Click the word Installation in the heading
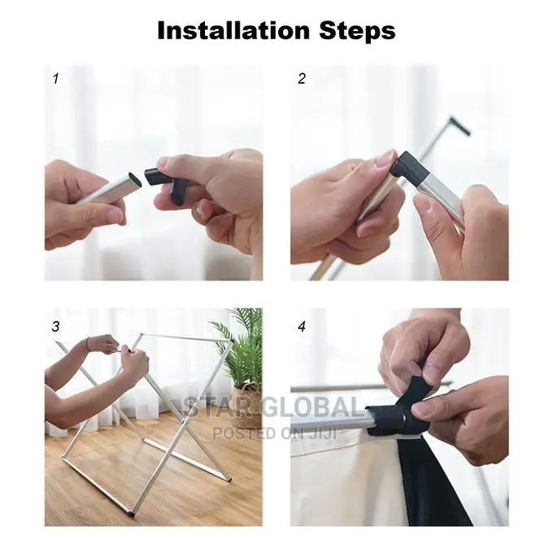pyautogui.click(x=233, y=30)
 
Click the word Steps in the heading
pyautogui.click(x=357, y=32)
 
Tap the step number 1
pyautogui.click(x=56, y=78)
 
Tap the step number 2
pyautogui.click(x=302, y=78)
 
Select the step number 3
pyautogui.click(x=56, y=327)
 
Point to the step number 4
pyautogui.click(x=302, y=327)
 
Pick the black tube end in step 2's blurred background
pyautogui.click(x=461, y=126)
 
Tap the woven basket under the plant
pyautogui.click(x=247, y=402)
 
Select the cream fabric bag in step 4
pyautogui.click(x=342, y=483)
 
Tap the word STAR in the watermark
pyautogui.click(x=220, y=407)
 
